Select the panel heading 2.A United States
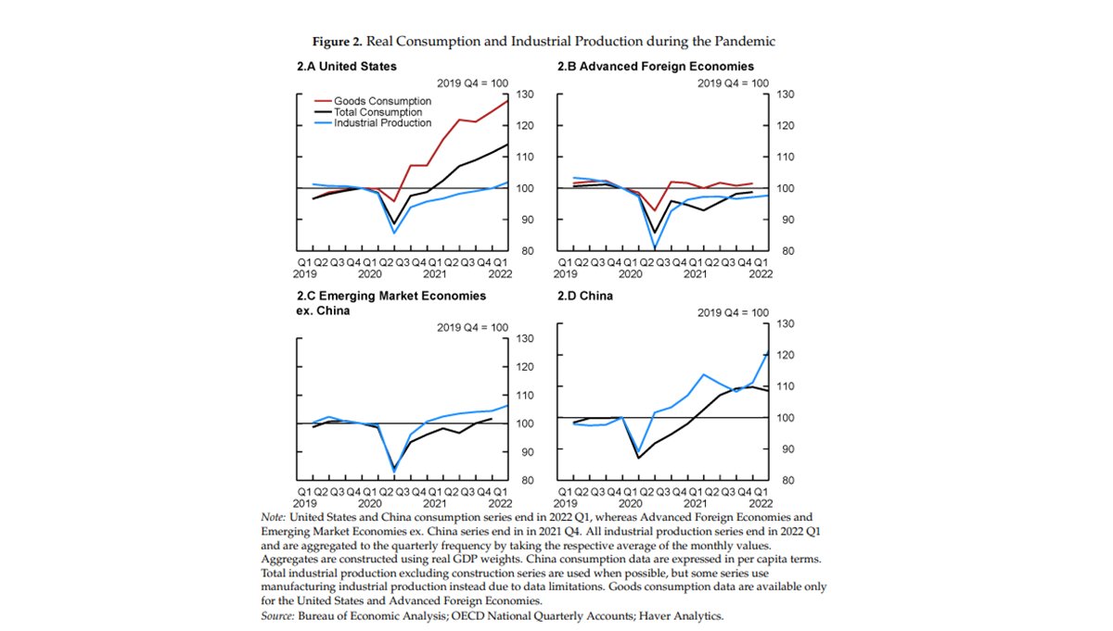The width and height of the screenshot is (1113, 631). [x=346, y=67]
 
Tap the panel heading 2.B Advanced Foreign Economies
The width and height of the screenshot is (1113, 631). [x=655, y=67]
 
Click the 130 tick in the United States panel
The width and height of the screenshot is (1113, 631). [x=525, y=95]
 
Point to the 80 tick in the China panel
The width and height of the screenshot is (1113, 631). [x=785, y=481]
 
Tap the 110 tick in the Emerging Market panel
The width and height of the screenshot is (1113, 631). [x=525, y=396]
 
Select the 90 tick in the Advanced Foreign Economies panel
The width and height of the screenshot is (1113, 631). [x=785, y=220]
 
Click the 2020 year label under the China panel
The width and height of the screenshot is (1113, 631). [x=631, y=506]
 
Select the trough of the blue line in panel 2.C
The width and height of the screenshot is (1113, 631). [x=394, y=472]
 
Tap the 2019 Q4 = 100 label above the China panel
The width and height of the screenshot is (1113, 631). [x=733, y=312]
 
